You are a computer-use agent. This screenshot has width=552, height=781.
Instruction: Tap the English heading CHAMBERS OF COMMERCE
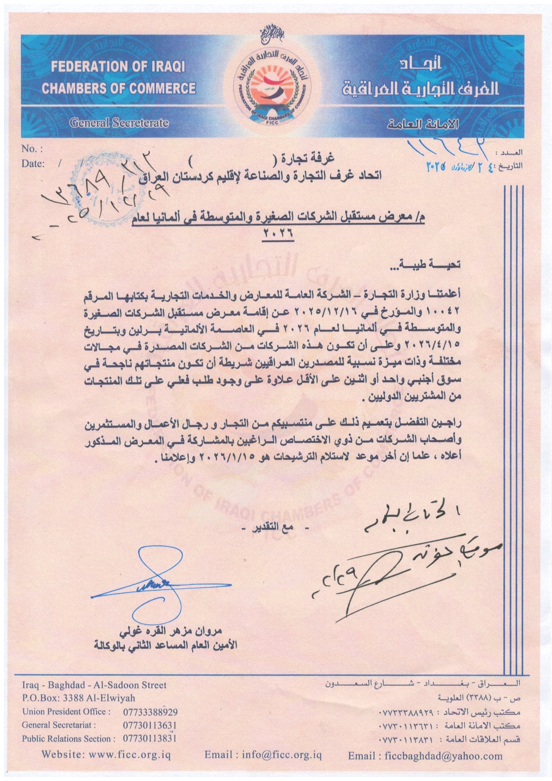pos(118,88)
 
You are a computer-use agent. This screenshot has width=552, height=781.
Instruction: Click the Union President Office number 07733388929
pos(150,712)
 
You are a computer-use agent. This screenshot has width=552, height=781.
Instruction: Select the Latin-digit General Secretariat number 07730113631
pos(150,725)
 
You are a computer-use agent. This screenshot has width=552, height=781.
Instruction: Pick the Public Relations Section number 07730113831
pos(150,739)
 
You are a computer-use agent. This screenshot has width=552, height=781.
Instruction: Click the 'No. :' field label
pos(32,149)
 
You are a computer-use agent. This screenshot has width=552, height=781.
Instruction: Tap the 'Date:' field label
pos(33,163)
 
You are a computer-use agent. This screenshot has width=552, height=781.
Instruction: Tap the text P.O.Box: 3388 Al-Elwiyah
pos(78,698)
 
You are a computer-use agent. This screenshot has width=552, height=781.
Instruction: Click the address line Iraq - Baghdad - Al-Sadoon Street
pos(94,685)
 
